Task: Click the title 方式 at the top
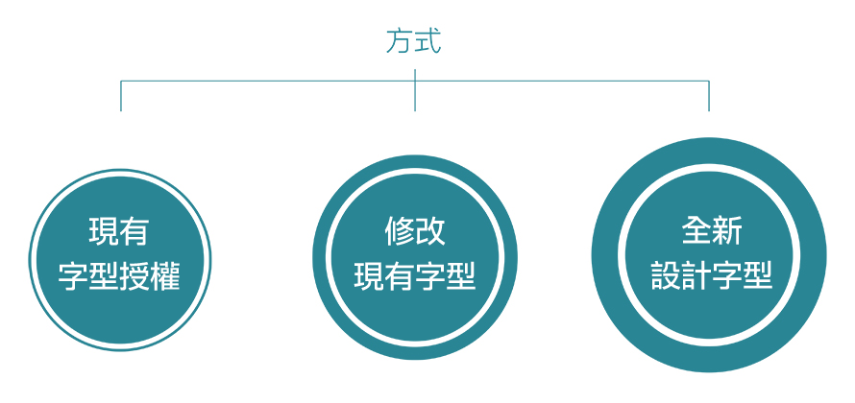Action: click(x=414, y=41)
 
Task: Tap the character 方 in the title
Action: click(x=400, y=41)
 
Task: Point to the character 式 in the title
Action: click(x=428, y=41)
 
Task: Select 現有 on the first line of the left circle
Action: click(x=119, y=232)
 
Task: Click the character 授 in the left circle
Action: click(x=134, y=276)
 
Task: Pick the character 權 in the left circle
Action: click(x=165, y=276)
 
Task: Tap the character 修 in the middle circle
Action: click(x=399, y=231)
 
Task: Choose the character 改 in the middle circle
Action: click(x=429, y=231)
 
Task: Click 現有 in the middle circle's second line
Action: click(x=384, y=275)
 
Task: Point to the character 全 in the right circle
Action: click(x=696, y=231)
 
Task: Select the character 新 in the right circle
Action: click(x=727, y=231)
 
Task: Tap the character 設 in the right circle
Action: click(x=666, y=275)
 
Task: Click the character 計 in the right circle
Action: click(x=696, y=275)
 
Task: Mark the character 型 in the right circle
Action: click(x=757, y=275)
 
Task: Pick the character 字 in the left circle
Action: click(x=74, y=276)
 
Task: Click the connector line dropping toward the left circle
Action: click(x=120, y=96)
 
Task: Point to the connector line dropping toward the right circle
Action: click(x=709, y=96)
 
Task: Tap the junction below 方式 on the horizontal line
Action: click(x=414, y=82)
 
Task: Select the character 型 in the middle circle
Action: click(x=460, y=275)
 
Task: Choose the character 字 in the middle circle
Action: click(x=429, y=275)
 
